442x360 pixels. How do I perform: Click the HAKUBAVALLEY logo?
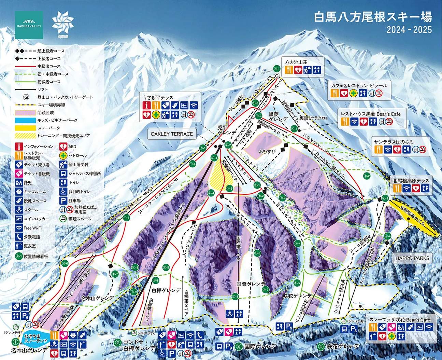click(29, 25)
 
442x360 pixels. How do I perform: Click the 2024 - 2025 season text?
click(409, 30)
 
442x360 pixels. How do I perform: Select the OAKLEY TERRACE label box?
click(172, 134)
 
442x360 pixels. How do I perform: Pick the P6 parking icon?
click(25, 316)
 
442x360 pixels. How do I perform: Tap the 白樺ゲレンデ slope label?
click(166, 290)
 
